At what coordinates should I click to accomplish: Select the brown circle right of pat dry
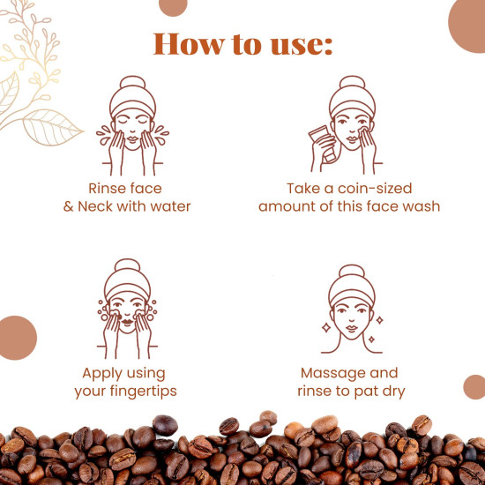click(x=474, y=386)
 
